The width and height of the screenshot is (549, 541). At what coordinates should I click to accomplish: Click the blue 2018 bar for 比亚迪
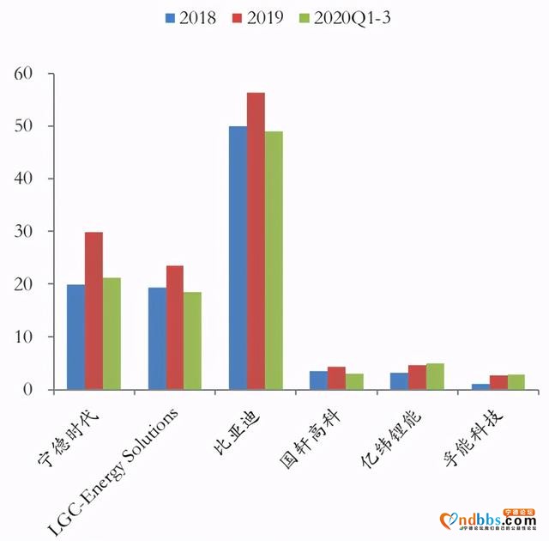(238, 258)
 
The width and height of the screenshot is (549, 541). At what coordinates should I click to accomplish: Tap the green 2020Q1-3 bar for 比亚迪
(274, 260)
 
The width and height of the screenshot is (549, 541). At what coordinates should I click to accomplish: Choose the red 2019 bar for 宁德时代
(94, 311)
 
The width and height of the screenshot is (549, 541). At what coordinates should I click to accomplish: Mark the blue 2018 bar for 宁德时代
(75, 337)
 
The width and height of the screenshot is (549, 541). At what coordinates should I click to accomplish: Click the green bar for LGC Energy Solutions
(192, 341)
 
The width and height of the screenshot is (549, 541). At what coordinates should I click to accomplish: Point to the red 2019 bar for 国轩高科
(336, 379)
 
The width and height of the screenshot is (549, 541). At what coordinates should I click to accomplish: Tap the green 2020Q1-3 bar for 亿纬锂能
(435, 377)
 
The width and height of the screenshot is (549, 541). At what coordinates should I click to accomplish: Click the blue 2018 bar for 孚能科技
(480, 386)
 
